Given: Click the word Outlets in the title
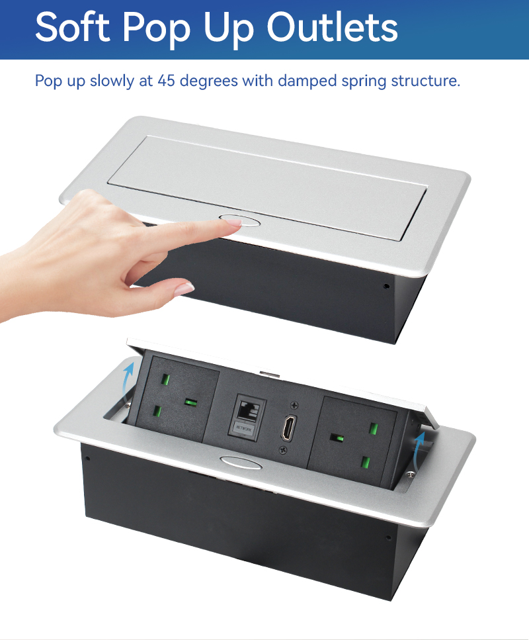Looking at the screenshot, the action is click(x=332, y=27).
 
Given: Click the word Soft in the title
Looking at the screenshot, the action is click(x=73, y=26).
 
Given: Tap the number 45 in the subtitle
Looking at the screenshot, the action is click(x=167, y=80).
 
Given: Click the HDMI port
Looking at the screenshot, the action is click(x=286, y=428).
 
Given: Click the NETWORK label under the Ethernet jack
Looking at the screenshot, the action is click(x=244, y=428).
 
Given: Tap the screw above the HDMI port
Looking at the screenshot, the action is click(x=294, y=405).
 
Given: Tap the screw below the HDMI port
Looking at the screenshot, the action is click(x=282, y=450).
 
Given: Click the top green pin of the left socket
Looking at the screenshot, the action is click(x=166, y=380).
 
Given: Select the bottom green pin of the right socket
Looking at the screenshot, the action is click(x=366, y=463).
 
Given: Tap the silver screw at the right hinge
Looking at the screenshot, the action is click(x=411, y=474).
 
